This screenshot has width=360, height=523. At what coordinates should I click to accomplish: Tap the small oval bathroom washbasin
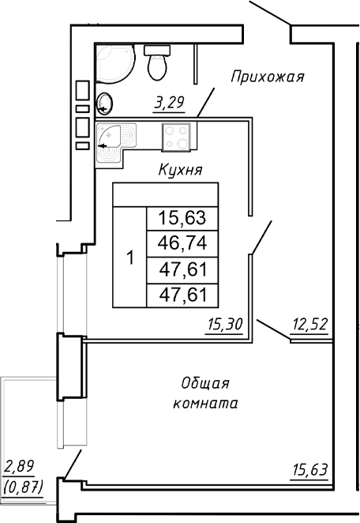(x=106, y=102)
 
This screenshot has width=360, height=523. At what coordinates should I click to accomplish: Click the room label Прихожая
(x=268, y=77)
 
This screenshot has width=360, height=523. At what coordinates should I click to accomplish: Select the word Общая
(x=204, y=384)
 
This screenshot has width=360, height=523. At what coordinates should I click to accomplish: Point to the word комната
(x=204, y=403)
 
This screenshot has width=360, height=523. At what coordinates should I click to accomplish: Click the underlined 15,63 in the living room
(x=309, y=469)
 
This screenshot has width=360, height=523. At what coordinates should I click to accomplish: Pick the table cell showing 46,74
(x=182, y=243)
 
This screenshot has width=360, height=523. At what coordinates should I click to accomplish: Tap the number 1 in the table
(x=130, y=258)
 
